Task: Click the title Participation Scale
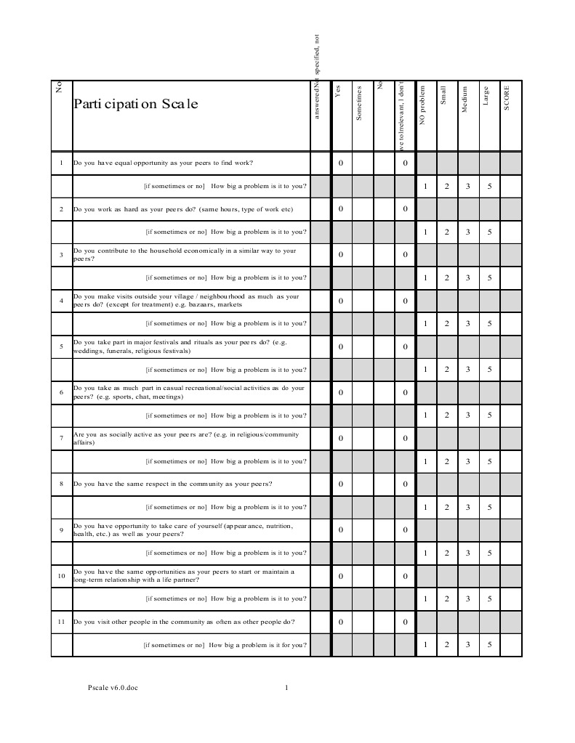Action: [135, 104]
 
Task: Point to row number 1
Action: [61, 163]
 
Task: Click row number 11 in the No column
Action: [61, 622]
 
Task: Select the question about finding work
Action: [164, 163]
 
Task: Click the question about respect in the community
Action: [172, 484]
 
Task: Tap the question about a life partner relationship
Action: [184, 576]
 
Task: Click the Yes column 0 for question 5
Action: [340, 346]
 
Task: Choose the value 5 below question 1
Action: [489, 187]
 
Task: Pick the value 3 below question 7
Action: [467, 461]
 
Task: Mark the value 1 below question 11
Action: [425, 644]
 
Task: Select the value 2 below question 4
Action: [446, 324]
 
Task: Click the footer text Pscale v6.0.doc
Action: [112, 688]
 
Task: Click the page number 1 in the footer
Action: [287, 688]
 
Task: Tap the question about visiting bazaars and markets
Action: [186, 301]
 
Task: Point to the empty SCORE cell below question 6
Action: [511, 415]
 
